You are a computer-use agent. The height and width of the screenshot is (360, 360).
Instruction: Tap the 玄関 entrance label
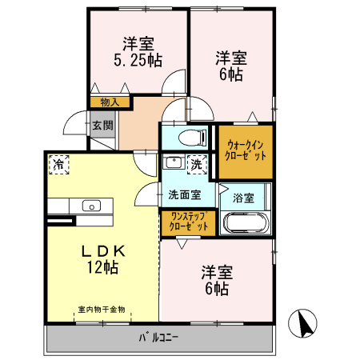point(102,125)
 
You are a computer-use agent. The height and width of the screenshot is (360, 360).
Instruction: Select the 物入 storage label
point(110,102)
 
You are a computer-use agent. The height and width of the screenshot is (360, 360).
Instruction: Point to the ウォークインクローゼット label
point(246,150)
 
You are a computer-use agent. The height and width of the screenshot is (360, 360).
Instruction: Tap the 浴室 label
point(243,196)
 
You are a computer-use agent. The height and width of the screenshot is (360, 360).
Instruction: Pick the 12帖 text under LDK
point(104,269)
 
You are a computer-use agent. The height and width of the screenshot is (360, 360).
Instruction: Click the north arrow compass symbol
point(306,323)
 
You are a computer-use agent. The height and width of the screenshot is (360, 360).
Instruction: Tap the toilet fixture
point(192,137)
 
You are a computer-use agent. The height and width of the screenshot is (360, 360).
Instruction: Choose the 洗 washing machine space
point(197,163)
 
